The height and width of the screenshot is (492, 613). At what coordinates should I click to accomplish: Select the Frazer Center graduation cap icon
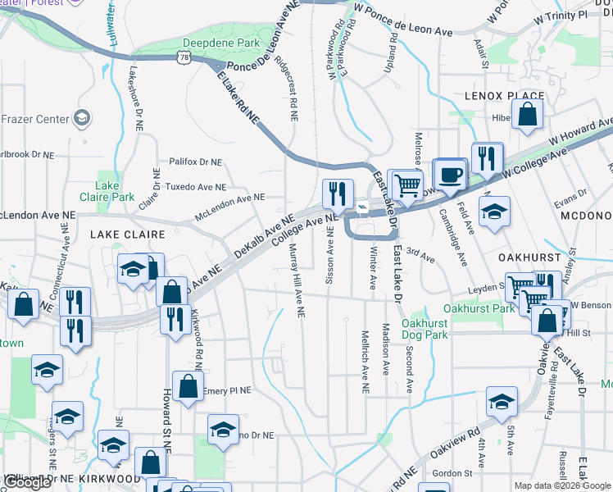[x=81, y=119]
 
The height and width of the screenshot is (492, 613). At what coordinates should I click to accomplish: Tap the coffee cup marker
[x=449, y=174]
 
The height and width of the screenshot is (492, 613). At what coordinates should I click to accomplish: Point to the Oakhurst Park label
[x=479, y=308]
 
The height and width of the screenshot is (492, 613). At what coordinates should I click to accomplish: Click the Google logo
[x=27, y=482]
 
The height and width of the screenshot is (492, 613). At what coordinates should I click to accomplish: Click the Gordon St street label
[x=452, y=473]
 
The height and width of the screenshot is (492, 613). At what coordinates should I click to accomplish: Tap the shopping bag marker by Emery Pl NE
[x=188, y=387]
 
